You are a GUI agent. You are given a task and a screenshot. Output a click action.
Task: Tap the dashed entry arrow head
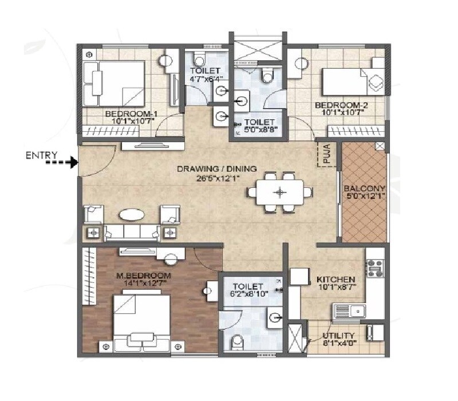click(x=73, y=163)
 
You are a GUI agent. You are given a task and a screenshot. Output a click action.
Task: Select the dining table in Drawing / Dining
click(x=280, y=192)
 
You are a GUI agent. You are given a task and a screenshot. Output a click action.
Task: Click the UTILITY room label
click(x=338, y=336)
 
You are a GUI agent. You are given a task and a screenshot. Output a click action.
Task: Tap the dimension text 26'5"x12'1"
click(x=216, y=178)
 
